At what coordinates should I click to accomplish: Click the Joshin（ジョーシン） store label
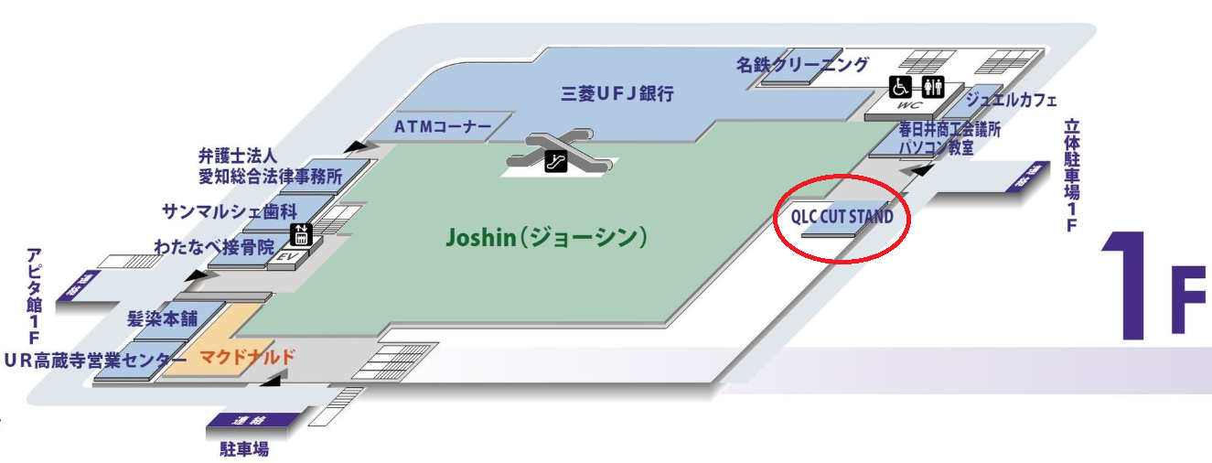(547, 238)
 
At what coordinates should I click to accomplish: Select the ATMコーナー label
(444, 126)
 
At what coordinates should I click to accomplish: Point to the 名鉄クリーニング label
(802, 64)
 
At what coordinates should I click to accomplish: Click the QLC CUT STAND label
(842, 219)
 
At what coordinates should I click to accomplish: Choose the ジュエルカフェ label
(1011, 100)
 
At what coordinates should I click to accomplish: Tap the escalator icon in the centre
(556, 163)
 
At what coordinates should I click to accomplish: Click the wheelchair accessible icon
(901, 87)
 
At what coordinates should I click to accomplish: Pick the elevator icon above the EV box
(301, 234)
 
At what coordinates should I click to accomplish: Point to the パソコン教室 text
(935, 147)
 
